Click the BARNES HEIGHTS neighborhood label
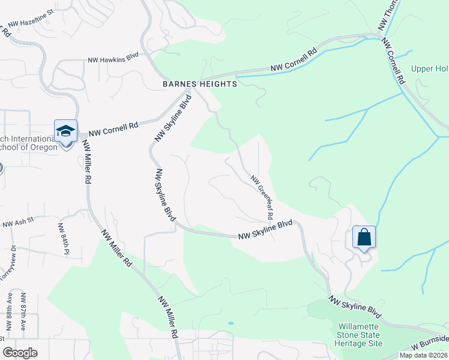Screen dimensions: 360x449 (x=200, y=85)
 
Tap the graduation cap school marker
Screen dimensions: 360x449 (x=65, y=131)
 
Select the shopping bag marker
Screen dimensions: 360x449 (x=364, y=238)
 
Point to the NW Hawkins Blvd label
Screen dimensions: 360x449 (x=113, y=59)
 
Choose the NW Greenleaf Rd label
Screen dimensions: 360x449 (x=262, y=196)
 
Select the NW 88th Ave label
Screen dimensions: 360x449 (x=10, y=311)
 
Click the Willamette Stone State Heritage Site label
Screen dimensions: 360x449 (x=359, y=335)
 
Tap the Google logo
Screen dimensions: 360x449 (x=20, y=353)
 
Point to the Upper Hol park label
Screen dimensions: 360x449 (x=429, y=68)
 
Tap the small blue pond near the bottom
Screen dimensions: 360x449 (x=231, y=323)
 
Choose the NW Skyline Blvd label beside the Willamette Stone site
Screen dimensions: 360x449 (x=355, y=306)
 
